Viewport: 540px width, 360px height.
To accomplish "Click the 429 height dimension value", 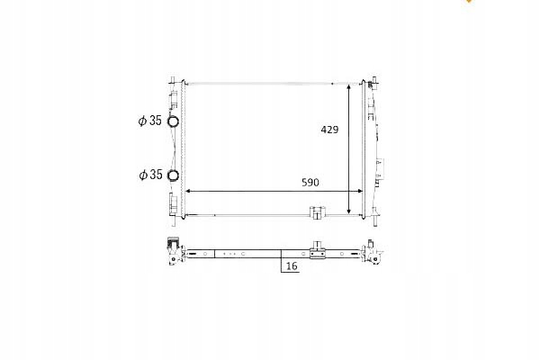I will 329,130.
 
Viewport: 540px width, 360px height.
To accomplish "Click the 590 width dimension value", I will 310,182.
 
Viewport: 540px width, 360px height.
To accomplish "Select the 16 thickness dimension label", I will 292,267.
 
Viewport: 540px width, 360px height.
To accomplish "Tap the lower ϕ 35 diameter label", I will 150,175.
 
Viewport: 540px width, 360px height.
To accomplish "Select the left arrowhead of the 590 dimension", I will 187,191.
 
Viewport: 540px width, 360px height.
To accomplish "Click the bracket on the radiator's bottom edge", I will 317,214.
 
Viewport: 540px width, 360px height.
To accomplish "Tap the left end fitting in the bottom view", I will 170,251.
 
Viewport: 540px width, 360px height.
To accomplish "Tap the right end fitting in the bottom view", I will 371,253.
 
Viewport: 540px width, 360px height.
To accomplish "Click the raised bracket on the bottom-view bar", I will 317,249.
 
